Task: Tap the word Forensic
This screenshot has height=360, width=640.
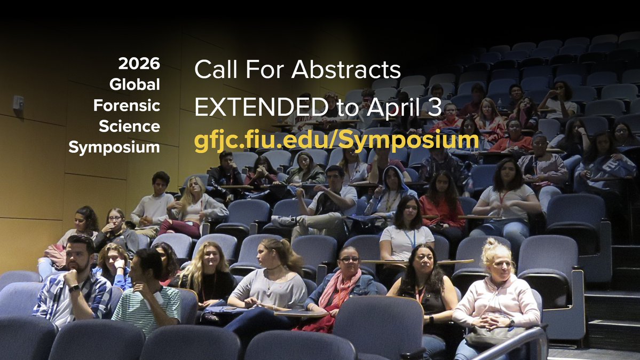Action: [127, 105]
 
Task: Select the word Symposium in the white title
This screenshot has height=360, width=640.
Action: [114, 147]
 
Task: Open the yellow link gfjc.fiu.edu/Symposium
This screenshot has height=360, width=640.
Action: [336, 140]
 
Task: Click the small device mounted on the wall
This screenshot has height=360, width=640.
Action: [18, 102]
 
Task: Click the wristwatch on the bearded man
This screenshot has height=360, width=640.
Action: [74, 288]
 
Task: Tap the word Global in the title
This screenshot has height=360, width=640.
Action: [135, 84]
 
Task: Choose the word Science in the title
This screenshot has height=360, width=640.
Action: [129, 127]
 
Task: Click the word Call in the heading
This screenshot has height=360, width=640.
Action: [213, 69]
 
